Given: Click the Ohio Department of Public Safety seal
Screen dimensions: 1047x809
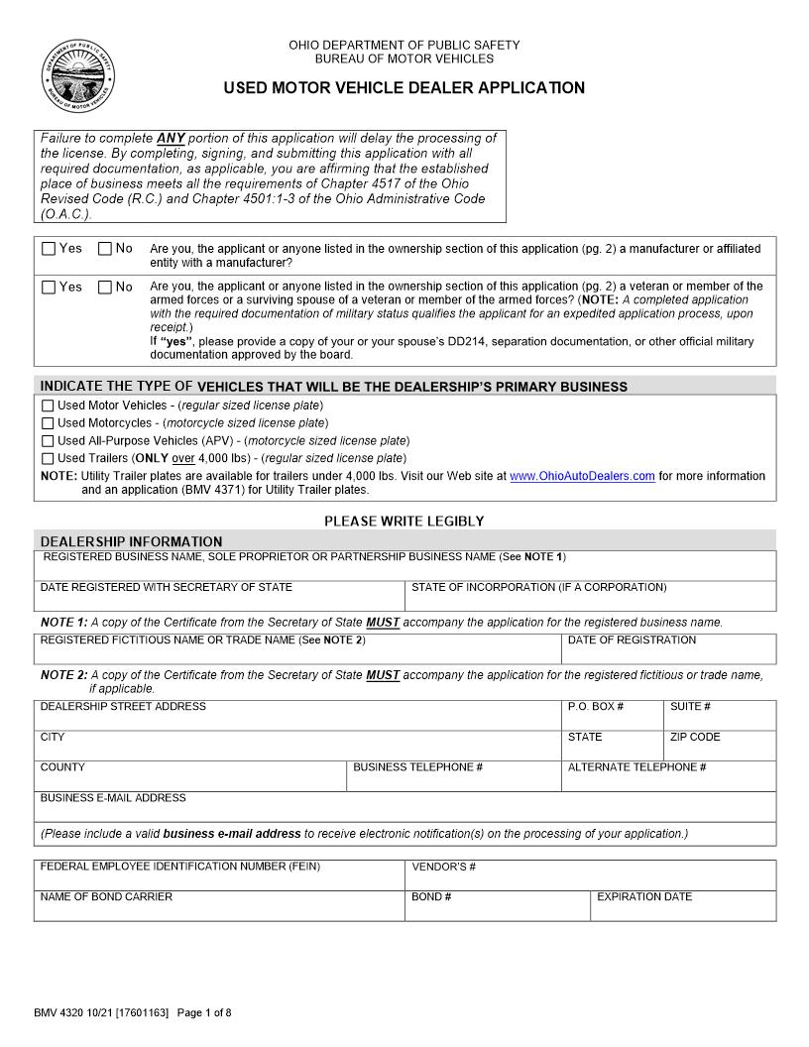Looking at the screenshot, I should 78,78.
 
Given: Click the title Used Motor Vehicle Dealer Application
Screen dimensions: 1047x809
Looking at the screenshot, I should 404,88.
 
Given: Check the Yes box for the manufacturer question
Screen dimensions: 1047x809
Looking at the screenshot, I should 49,249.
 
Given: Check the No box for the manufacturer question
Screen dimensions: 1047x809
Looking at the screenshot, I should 105,249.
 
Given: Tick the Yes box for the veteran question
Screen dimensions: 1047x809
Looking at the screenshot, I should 49,288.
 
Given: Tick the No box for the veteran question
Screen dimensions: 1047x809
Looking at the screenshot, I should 105,288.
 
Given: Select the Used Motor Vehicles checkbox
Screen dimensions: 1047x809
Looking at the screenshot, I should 48,406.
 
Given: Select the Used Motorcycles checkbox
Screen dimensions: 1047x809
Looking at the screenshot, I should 48,423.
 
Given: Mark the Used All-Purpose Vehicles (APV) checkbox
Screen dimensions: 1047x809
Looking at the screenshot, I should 48,441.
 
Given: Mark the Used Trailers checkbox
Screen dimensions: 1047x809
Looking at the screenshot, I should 48,459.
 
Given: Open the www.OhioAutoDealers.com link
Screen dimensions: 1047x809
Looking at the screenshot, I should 582,477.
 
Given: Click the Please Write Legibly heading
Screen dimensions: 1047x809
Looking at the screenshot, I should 404,521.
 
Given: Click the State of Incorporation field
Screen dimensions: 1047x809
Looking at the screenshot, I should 590,600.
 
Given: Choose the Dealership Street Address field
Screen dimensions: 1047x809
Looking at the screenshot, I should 297,720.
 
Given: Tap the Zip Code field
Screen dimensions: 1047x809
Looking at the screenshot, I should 719,751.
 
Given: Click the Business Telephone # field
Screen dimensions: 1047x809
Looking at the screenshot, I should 453,780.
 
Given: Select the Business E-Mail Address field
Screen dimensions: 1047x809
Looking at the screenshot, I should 404,811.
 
